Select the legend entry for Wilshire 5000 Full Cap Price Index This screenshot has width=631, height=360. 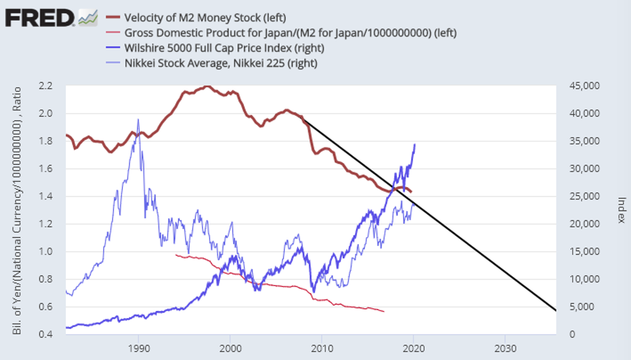click(x=224, y=48)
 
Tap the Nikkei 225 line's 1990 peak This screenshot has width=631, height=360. click(x=138, y=120)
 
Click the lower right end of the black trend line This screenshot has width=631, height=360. click(x=555, y=310)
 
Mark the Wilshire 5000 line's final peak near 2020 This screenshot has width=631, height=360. click(x=414, y=144)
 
